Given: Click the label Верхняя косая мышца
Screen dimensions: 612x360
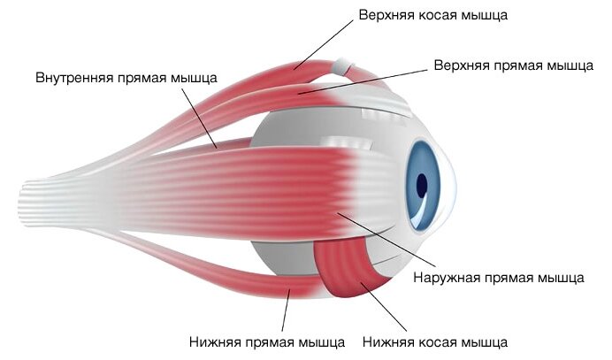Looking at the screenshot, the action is click(x=432, y=15).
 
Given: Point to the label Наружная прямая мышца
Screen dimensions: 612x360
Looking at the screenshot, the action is click(x=499, y=277).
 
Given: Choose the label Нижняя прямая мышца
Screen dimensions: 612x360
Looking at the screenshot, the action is click(x=267, y=341).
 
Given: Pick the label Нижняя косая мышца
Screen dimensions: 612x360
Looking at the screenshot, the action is click(x=434, y=341).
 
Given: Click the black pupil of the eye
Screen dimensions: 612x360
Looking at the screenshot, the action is click(x=422, y=186).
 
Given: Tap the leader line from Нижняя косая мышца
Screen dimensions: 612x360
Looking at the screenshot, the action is click(x=390, y=310).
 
